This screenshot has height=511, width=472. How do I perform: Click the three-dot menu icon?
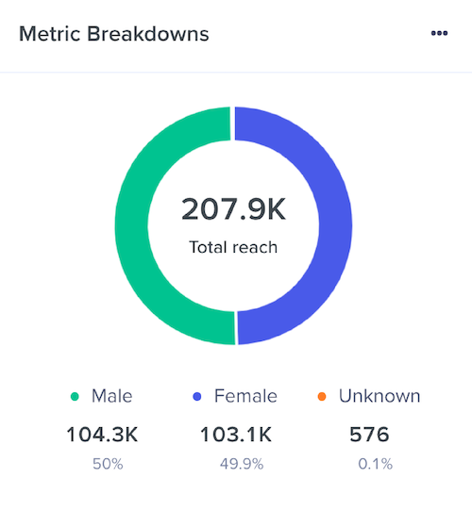coord(439,33)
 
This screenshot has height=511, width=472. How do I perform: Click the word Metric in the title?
coord(49,35)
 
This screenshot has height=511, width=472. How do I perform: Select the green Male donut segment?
coord(131,226)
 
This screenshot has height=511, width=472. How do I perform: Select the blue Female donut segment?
coord(335,226)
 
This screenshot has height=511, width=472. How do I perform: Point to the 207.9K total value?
coord(233,209)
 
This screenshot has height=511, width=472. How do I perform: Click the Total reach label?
coord(233,249)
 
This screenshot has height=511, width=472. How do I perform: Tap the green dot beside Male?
coord(76,397)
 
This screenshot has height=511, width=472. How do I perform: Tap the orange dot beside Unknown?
coord(323,397)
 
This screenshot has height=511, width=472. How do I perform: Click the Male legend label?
coord(112,396)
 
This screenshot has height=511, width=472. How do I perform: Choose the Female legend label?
coord(246,396)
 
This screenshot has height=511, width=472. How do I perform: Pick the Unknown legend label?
coord(379,396)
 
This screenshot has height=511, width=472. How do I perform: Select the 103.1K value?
coord(235,435)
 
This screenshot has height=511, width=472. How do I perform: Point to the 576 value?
coord(368,435)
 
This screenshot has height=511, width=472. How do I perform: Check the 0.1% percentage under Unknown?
coord(375,464)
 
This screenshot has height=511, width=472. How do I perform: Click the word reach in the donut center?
coord(257,249)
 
